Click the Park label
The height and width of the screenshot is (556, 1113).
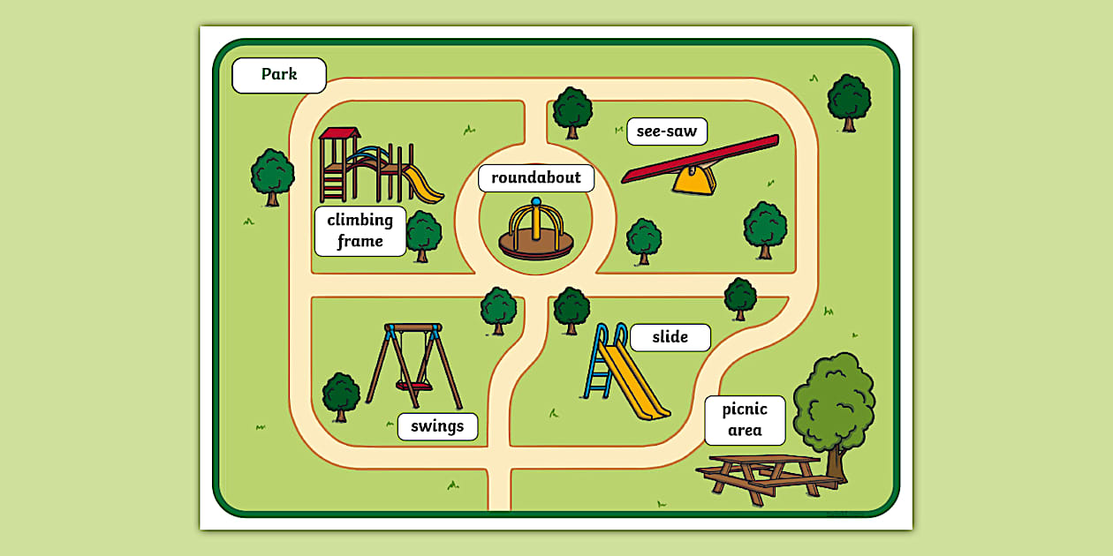(x=279, y=75)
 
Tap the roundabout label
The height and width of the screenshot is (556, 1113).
(x=536, y=177)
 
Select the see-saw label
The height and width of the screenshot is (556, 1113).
(x=667, y=131)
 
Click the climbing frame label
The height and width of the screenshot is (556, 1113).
(x=360, y=230)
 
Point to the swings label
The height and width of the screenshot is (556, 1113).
(x=437, y=427)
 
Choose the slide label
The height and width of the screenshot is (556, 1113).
(x=670, y=337)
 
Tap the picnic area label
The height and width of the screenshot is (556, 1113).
(x=745, y=420)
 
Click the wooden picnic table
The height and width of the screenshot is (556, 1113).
(x=767, y=477)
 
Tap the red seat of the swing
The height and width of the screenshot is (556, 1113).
(x=413, y=386)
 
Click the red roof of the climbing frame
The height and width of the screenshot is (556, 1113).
(x=339, y=133)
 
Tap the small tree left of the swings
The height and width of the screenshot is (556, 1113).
(x=341, y=394)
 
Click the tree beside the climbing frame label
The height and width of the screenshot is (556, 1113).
(x=423, y=234)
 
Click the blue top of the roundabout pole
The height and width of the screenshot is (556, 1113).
(x=535, y=202)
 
